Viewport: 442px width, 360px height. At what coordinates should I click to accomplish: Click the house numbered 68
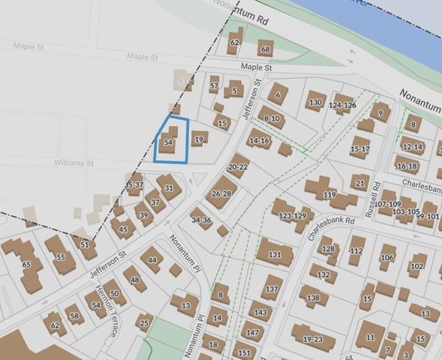(x=264, y=50)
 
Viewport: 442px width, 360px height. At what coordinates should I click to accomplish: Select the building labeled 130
(x=315, y=103)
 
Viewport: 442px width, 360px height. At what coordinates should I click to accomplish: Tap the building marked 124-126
(x=343, y=105)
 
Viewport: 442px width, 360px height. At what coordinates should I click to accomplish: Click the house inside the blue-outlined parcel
(x=170, y=142)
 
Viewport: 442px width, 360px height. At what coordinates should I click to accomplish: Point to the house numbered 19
(x=199, y=139)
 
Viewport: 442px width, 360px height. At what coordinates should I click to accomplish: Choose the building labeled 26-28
(x=221, y=193)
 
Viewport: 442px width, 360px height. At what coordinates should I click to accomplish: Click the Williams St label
(x=74, y=162)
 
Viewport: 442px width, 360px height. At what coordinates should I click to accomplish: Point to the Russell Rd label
(x=373, y=199)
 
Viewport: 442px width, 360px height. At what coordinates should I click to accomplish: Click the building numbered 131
(x=275, y=254)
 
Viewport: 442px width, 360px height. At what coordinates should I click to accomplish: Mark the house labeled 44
(x=152, y=259)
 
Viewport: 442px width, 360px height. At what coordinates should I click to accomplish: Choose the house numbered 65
(x=27, y=265)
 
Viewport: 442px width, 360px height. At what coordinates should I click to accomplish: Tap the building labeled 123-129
(x=292, y=215)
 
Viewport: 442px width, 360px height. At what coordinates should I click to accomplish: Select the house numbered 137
(x=271, y=288)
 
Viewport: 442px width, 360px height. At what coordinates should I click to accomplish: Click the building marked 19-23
(x=312, y=338)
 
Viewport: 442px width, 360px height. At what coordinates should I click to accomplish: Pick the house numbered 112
(x=356, y=250)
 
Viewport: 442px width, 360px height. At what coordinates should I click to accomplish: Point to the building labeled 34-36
(x=201, y=220)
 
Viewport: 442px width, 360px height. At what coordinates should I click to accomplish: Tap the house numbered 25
(x=144, y=325)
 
